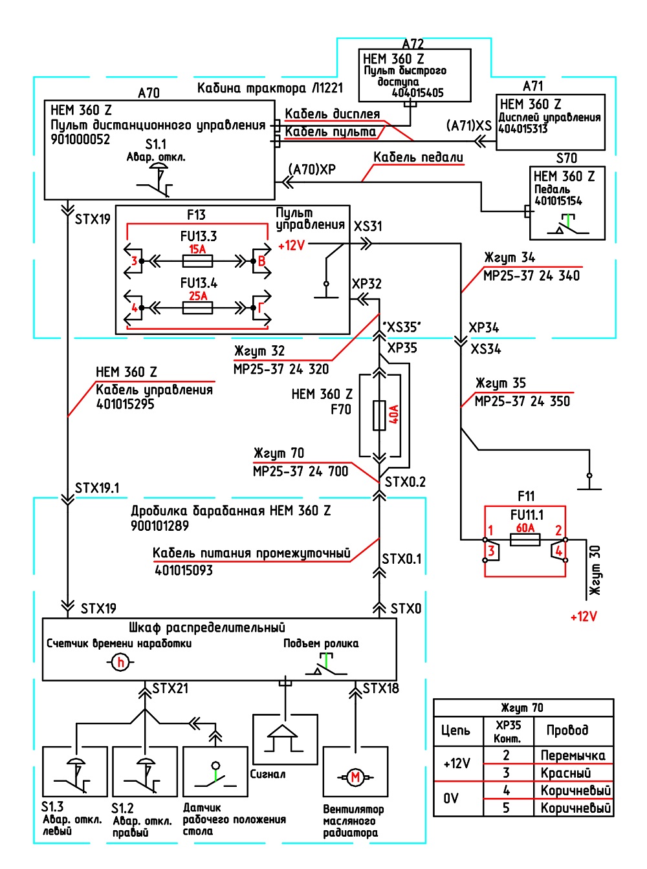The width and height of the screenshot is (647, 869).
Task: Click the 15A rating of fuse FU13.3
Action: [197, 249]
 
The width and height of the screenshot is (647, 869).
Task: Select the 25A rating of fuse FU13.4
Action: [198, 295]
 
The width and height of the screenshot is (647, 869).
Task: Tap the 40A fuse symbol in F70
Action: [379, 416]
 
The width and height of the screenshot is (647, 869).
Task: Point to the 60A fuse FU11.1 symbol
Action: [525, 540]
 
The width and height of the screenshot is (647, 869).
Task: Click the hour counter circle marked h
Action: [121, 663]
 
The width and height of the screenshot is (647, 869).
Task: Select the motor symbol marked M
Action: [356, 777]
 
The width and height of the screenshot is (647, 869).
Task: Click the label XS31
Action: [367, 226]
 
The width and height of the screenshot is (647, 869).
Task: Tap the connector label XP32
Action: [367, 284]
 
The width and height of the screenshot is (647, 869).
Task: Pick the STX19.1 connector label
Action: [97, 488]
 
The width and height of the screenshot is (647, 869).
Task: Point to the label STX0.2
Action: [405, 482]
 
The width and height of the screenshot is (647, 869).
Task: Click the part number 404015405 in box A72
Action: [417, 93]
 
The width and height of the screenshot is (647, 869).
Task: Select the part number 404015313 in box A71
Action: [523, 129]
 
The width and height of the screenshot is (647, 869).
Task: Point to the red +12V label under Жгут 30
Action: [584, 617]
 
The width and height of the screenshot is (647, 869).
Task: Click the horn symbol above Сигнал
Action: [285, 738]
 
